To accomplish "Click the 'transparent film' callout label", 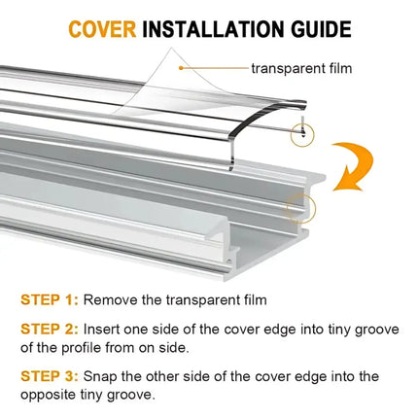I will click(x=301, y=68).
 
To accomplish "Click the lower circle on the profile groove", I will click(x=300, y=206).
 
